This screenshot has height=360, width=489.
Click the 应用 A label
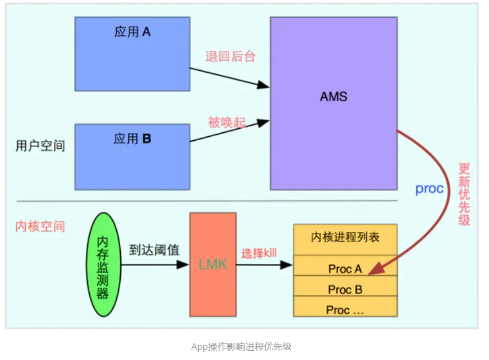coord(132,32)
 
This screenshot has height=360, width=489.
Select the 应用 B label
coord(132,139)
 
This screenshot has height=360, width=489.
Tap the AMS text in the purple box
coord(333,97)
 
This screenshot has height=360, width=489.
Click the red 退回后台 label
coord(230,57)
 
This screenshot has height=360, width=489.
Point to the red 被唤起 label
coord(227,122)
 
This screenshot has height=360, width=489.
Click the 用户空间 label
coord(40,145)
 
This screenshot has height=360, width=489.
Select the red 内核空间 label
coord(40,226)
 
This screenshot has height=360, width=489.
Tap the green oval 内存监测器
coord(103,264)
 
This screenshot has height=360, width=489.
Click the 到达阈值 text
coord(154,250)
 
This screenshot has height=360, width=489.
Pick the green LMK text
coord(212,264)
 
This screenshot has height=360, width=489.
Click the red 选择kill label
coord(259,253)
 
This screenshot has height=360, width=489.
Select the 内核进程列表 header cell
coord(345,239)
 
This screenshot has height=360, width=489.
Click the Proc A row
coord(345,265)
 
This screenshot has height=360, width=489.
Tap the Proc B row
coord(345,286)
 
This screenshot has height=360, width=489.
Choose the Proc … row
coord(345,306)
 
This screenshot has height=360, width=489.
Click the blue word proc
coord(429,189)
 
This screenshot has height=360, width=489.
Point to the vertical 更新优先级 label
coord(464,194)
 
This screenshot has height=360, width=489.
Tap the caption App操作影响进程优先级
coord(242,347)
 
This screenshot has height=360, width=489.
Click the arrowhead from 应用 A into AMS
coord(263,85)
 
